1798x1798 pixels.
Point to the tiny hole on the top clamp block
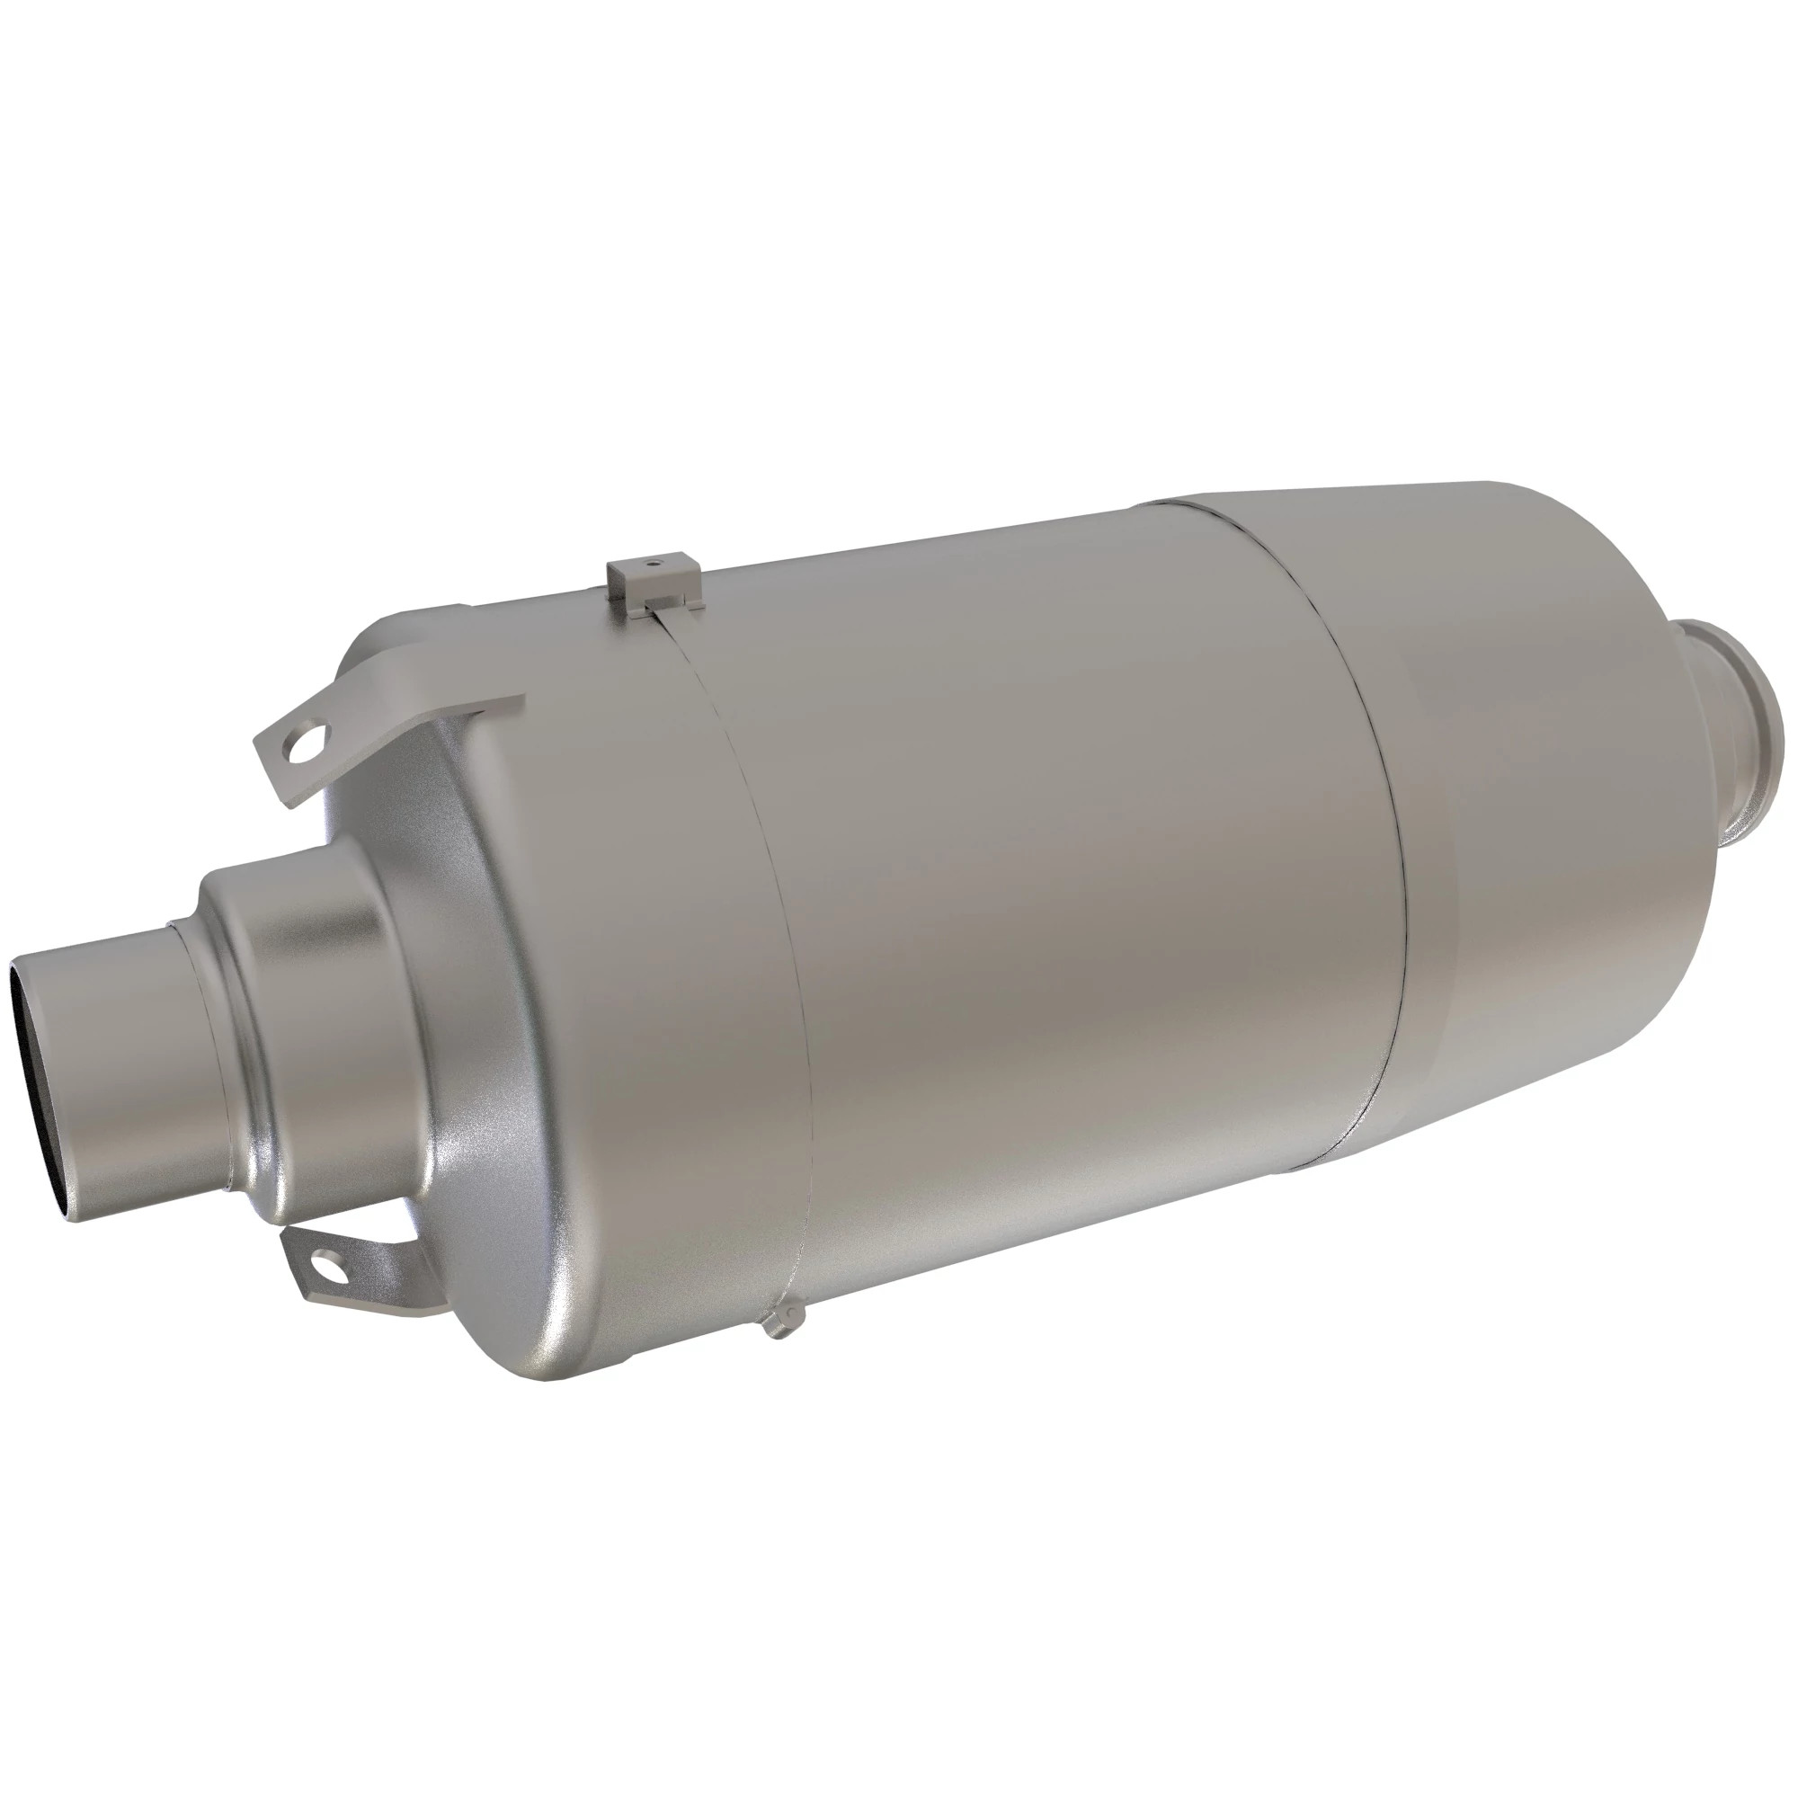pos(654,562)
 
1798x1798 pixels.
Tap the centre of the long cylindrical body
pos(1070,884)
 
